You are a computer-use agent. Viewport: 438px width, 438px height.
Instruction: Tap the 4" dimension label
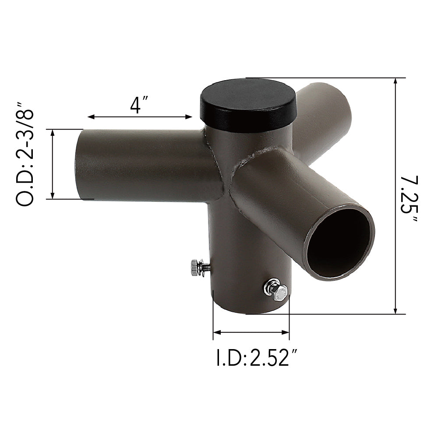pyautogui.click(x=140, y=105)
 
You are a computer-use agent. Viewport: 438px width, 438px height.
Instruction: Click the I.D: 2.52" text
pyautogui.click(x=253, y=358)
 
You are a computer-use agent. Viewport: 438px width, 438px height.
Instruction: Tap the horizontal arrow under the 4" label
pyautogui.click(x=140, y=117)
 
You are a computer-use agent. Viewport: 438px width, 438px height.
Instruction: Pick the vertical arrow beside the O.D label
pyautogui.click(x=53, y=164)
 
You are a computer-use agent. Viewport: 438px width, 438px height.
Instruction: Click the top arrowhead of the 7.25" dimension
pyautogui.click(x=396, y=81)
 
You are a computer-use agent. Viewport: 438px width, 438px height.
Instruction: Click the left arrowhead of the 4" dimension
pyautogui.click(x=91, y=117)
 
